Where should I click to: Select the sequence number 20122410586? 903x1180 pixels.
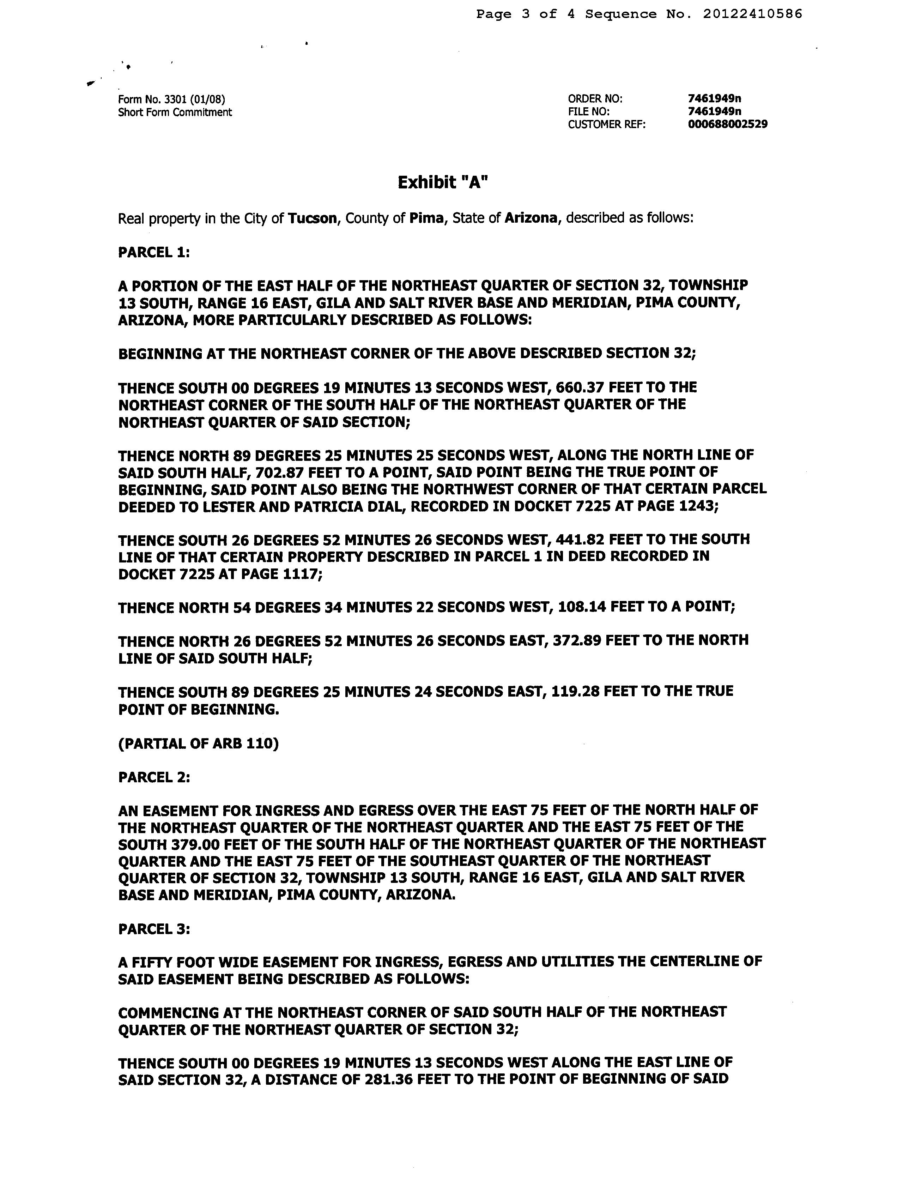click(x=752, y=14)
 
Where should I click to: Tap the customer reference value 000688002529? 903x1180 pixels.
click(x=728, y=125)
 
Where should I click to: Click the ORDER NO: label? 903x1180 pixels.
click(x=595, y=99)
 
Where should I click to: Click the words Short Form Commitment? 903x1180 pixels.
click(x=175, y=112)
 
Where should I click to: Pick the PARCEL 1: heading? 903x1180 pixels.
click(x=154, y=252)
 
